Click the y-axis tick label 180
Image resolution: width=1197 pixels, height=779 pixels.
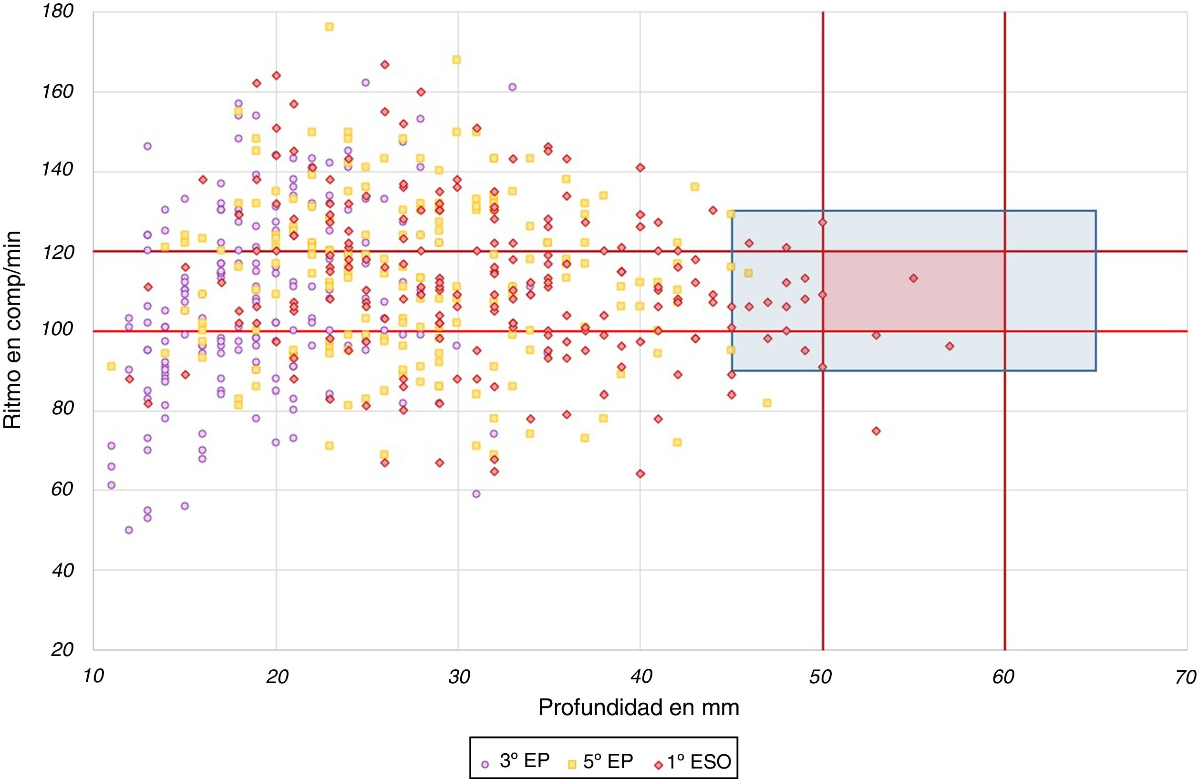tap(58, 11)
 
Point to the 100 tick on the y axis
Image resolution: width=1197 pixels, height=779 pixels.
tap(58, 329)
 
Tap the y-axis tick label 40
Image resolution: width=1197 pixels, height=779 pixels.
tap(62, 570)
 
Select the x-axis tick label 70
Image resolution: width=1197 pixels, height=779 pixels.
tap(1185, 677)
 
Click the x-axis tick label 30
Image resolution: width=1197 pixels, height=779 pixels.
tap(459, 677)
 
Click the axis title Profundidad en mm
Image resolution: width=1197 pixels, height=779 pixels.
tap(639, 707)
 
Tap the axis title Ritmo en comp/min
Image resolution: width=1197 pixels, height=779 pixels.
tap(12, 329)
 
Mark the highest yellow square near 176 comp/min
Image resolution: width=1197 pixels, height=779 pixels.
tap(330, 27)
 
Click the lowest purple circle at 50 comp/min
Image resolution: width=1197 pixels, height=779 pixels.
tap(129, 530)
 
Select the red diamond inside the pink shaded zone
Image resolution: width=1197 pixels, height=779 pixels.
tap(913, 278)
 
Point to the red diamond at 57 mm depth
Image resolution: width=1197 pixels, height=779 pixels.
tap(949, 346)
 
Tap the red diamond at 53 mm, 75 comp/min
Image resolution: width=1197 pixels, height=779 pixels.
tap(876, 431)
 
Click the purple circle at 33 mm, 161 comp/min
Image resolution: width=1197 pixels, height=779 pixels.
tap(512, 87)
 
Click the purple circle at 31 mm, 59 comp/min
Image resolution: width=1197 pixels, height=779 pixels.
tap(476, 494)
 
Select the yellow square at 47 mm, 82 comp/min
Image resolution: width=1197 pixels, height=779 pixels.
tap(767, 403)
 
